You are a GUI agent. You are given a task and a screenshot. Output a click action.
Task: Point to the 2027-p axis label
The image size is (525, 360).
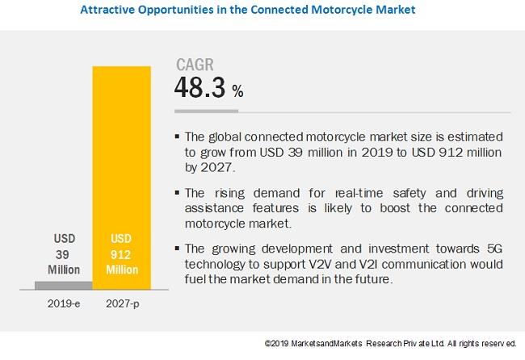click(121, 306)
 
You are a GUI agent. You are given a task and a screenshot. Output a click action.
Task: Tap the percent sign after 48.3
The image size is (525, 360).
click(237, 92)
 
